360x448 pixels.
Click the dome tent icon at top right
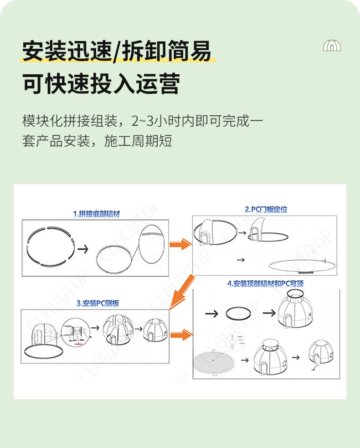332,46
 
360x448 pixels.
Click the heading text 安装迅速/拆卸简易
117,51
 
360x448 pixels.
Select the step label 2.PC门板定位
266,209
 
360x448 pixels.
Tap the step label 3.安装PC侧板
98,303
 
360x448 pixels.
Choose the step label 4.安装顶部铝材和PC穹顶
265,283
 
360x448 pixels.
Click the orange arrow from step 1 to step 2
180,245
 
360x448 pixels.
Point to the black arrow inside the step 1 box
83,249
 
